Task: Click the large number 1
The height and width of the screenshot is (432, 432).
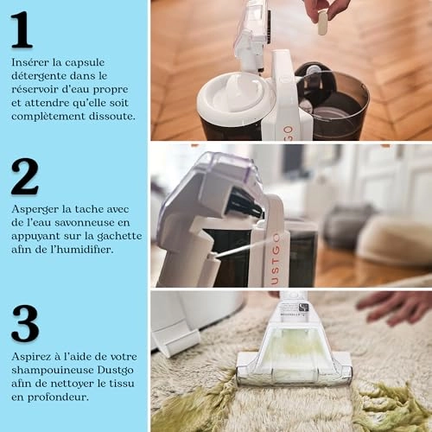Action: coord(22,31)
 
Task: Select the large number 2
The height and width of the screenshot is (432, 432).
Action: coord(24,176)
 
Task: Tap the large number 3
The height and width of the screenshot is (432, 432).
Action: coord(24,323)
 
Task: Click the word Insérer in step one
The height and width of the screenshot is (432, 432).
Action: coord(31,63)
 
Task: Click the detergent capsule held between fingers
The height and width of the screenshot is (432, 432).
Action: coord(322,22)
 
